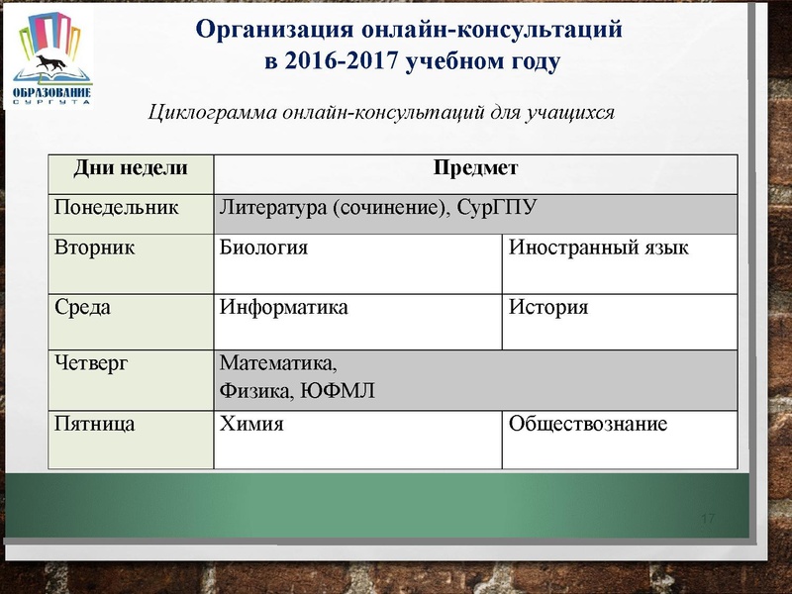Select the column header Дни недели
(x=131, y=169)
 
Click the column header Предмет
(x=475, y=169)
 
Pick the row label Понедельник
(x=116, y=208)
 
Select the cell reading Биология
(x=263, y=247)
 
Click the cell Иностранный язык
(x=597, y=247)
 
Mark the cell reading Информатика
(x=283, y=307)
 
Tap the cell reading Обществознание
(x=588, y=425)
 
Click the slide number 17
(x=707, y=520)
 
